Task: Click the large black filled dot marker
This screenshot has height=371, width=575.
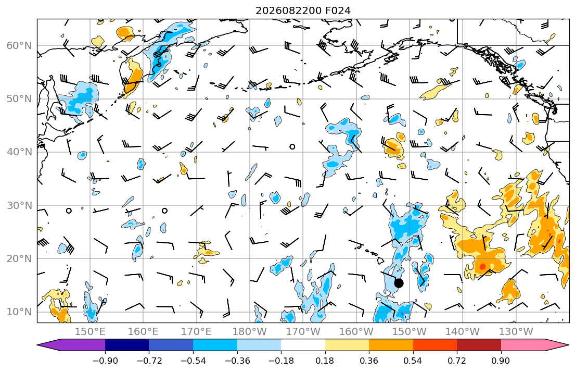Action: pyautogui.click(x=399, y=283)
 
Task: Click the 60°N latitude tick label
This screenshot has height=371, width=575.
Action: pyautogui.click(x=19, y=45)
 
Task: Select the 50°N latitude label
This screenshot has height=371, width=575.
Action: pyautogui.click(x=19, y=99)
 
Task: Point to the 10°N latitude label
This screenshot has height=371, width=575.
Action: pyautogui.click(x=19, y=312)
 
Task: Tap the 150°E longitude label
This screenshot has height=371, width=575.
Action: pyautogui.click(x=90, y=332)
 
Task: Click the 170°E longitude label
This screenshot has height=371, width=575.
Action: pyautogui.click(x=197, y=332)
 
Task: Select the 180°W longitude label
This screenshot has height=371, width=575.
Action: pyautogui.click(x=250, y=332)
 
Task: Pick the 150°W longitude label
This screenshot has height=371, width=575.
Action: pyautogui.click(x=409, y=332)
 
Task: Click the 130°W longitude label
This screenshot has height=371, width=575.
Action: pyautogui.click(x=516, y=332)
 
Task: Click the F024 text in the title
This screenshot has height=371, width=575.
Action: pyautogui.click(x=338, y=10)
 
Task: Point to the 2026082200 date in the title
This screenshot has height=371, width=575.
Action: pyautogui.click(x=289, y=10)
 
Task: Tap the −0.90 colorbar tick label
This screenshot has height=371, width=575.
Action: pyautogui.click(x=105, y=361)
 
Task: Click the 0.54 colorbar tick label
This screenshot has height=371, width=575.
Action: pyautogui.click(x=413, y=361)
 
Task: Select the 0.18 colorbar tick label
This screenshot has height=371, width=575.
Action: pyautogui.click(x=325, y=361)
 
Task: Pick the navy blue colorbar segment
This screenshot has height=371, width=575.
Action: pyautogui.click(x=127, y=345)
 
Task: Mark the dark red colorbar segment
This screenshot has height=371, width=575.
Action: pyautogui.click(x=479, y=345)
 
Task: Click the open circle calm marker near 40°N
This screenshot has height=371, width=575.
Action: pyautogui.click(x=292, y=146)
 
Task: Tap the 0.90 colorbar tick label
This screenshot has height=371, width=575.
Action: pyautogui.click(x=501, y=361)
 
